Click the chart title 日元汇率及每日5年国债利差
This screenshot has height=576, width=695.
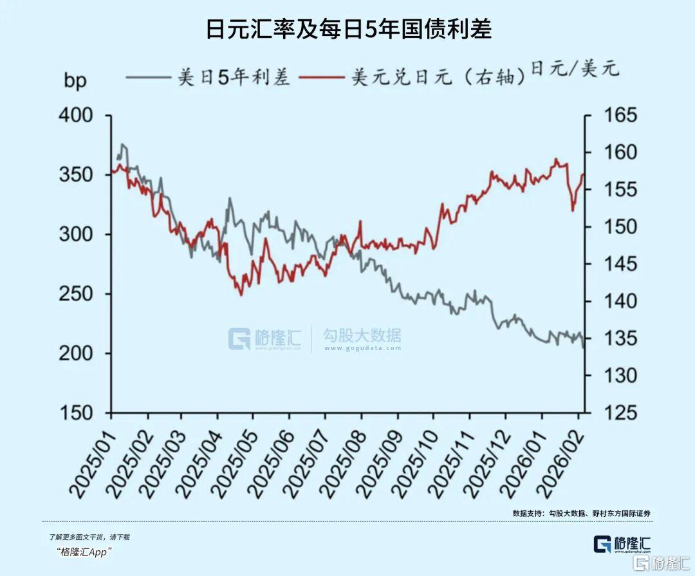click(348, 29)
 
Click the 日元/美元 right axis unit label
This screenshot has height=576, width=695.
click(575, 68)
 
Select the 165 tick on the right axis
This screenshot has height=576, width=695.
click(618, 116)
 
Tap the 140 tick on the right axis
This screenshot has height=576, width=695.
click(618, 301)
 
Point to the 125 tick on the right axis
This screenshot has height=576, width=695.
click(618, 413)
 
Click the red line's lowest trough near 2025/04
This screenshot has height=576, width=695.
click(241, 295)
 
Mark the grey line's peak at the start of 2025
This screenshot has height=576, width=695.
click(122, 145)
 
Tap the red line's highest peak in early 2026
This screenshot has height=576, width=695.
click(556, 159)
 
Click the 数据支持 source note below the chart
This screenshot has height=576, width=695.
click(582, 513)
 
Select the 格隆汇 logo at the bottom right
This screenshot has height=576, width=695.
click(622, 544)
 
